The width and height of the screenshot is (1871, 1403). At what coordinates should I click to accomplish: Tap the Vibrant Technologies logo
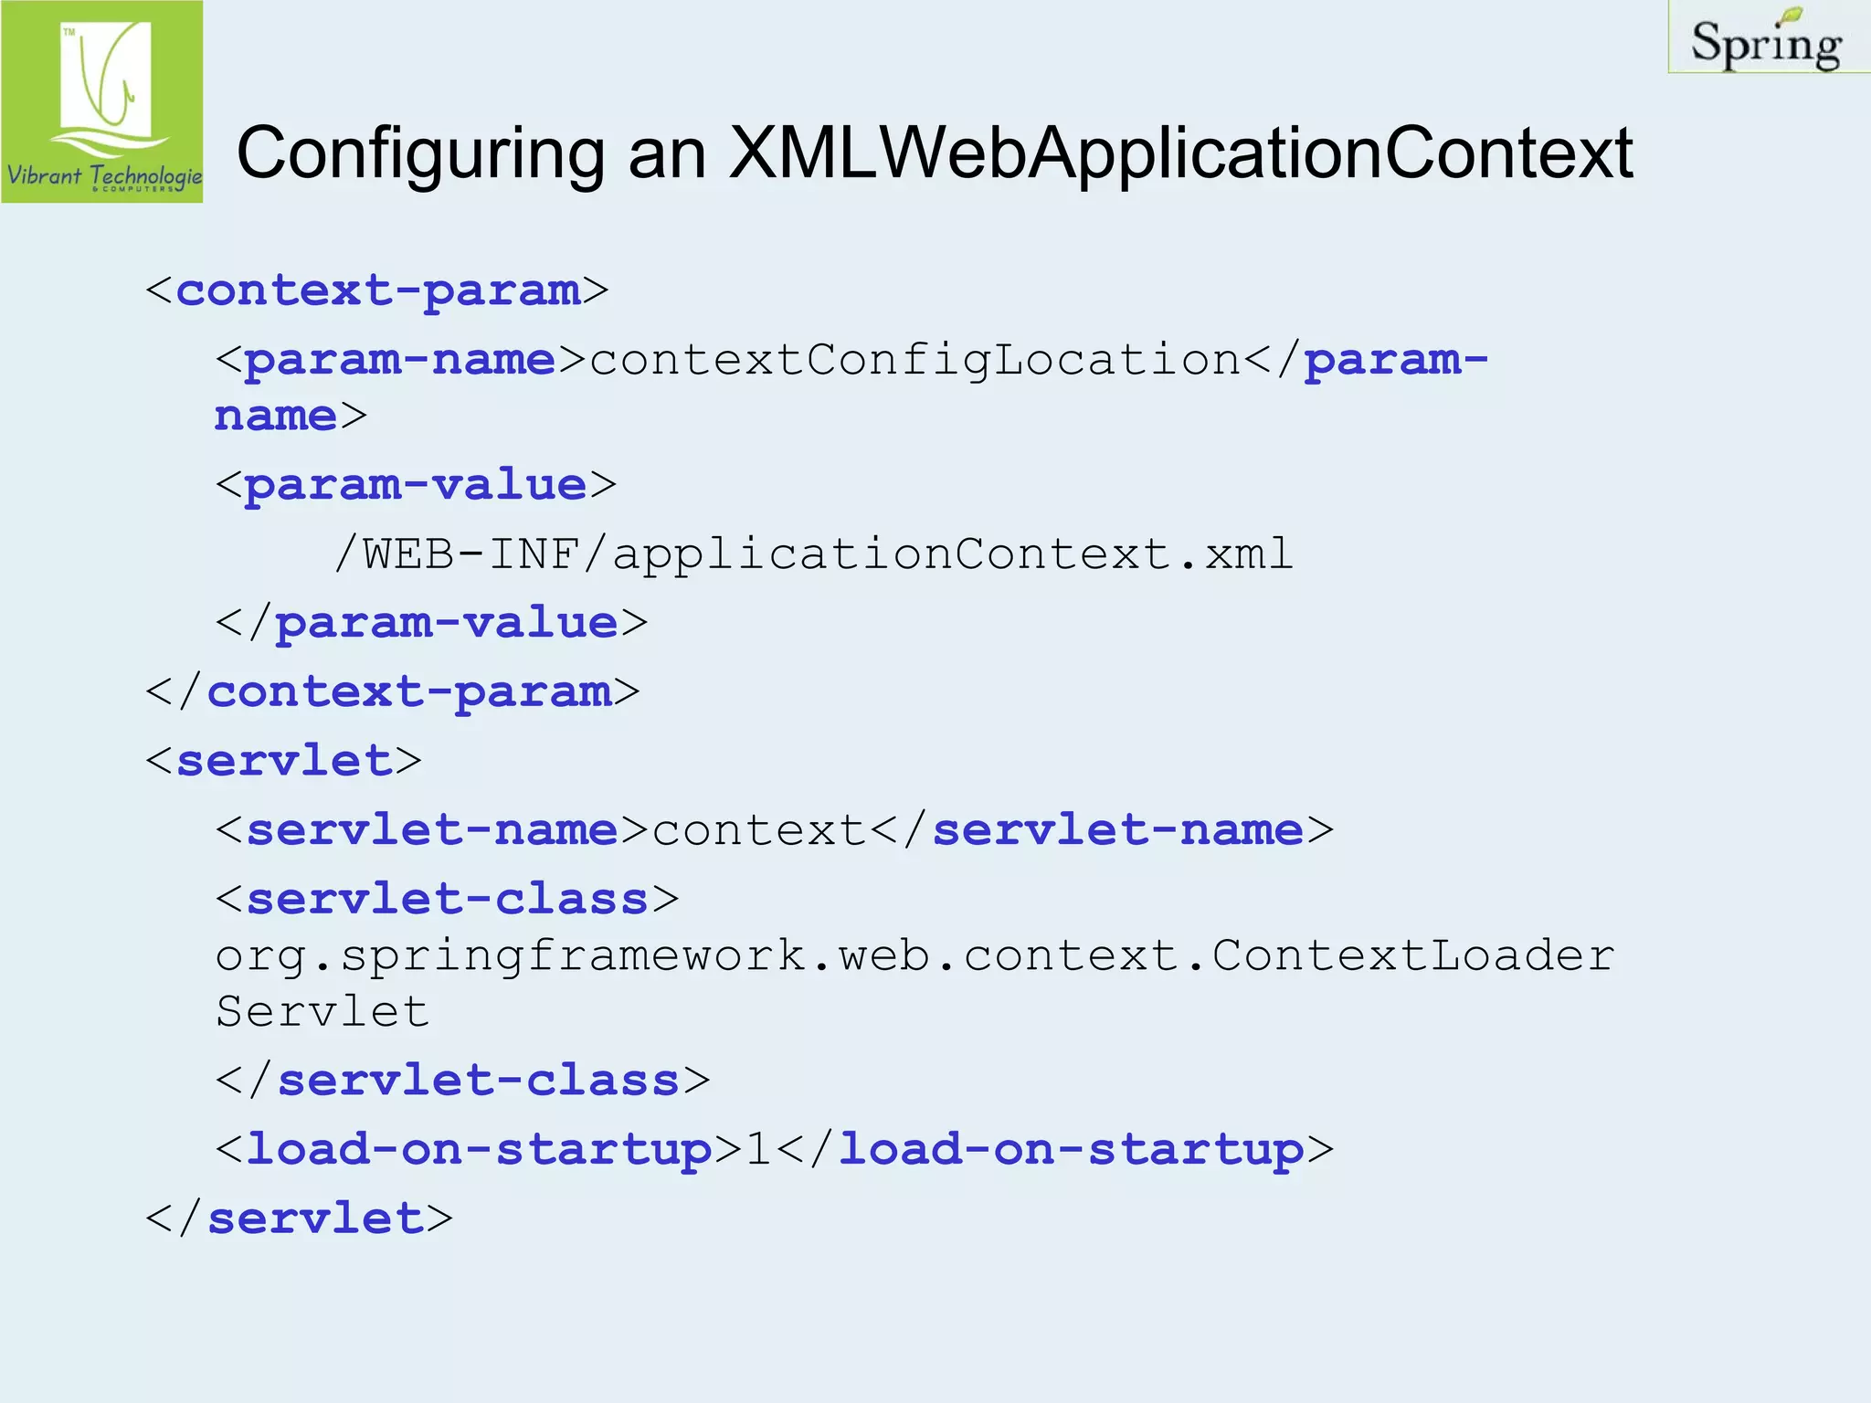[102, 101]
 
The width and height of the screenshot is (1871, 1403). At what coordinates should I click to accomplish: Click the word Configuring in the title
[420, 153]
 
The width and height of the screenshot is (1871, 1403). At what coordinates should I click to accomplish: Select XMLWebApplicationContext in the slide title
[1180, 153]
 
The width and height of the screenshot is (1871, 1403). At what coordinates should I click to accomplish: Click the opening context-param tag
[376, 290]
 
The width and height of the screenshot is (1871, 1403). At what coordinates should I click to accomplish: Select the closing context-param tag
[393, 691]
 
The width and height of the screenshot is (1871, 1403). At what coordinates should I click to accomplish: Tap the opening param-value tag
[416, 485]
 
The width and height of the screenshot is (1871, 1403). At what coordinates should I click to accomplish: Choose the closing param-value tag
[431, 623]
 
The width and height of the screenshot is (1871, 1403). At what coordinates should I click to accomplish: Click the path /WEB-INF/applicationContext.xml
[814, 554]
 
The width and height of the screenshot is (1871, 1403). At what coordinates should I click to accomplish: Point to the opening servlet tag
[283, 761]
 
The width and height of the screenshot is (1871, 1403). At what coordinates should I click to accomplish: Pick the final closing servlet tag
[300, 1218]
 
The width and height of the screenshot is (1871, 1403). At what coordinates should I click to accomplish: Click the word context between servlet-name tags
[758, 830]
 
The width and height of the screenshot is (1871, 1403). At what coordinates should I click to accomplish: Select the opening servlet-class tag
[447, 900]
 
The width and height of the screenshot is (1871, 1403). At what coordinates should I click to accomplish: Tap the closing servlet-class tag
[462, 1081]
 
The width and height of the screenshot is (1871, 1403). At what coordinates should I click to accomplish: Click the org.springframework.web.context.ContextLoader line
[914, 956]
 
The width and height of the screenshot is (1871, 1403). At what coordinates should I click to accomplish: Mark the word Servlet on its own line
[322, 1012]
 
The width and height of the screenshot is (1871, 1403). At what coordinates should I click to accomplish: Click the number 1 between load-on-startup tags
[758, 1150]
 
